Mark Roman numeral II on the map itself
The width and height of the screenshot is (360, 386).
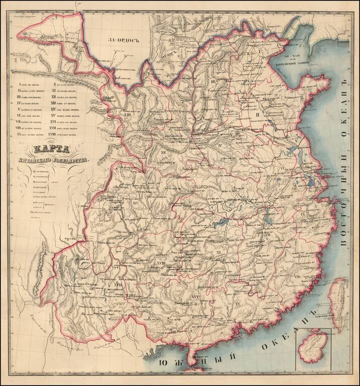257,115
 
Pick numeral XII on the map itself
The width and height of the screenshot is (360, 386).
163,150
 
